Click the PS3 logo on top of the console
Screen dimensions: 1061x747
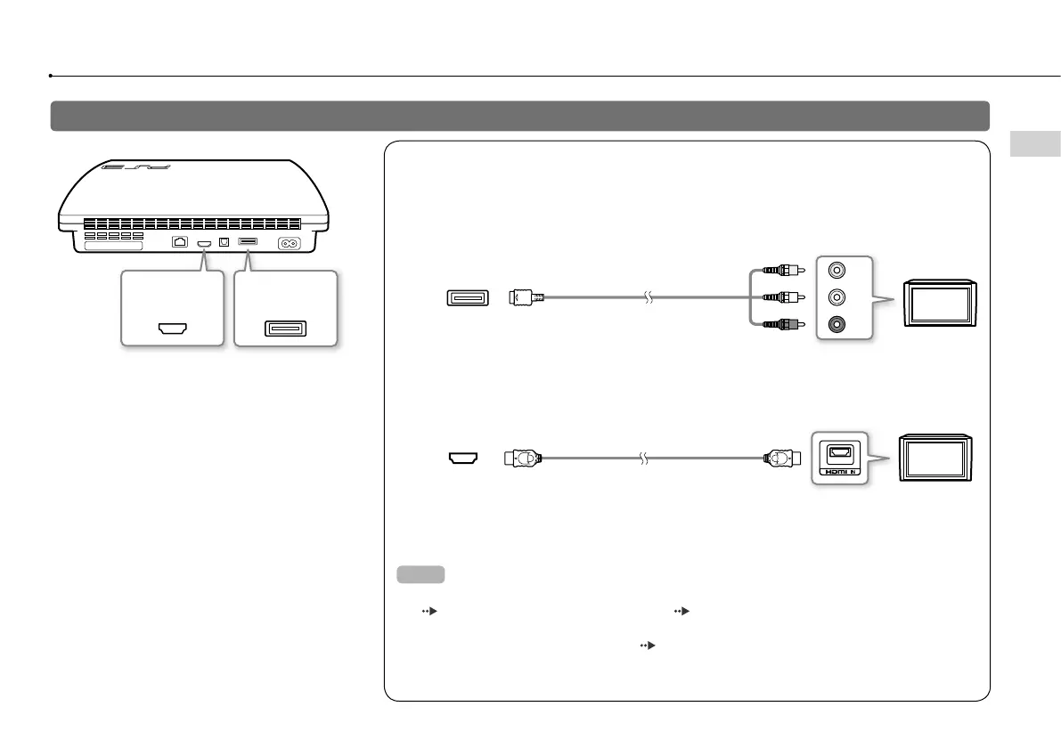click(118, 166)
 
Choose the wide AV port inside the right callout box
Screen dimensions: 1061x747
click(285, 329)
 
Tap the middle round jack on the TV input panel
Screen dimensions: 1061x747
click(837, 297)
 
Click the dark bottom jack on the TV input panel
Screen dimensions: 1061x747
click(837, 326)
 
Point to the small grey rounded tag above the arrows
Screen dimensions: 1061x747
click(420, 574)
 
